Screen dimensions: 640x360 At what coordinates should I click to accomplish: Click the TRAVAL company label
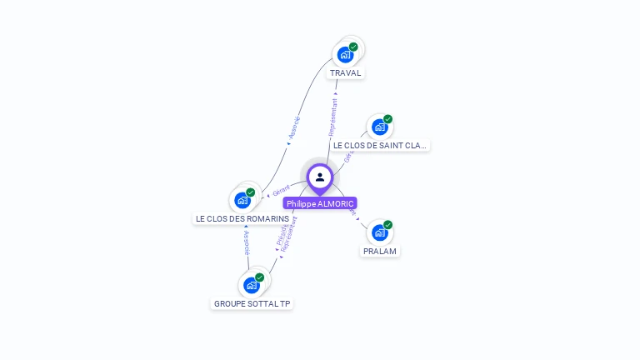coord(346,72)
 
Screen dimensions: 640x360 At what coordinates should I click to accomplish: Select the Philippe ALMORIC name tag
coord(320,203)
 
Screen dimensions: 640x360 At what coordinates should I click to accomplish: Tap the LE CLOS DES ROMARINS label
coord(242,218)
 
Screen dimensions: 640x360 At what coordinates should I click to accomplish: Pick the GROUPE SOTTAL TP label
coord(252,303)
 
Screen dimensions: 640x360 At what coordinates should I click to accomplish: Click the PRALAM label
coord(380,251)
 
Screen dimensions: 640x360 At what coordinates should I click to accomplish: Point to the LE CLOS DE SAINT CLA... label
coord(380,145)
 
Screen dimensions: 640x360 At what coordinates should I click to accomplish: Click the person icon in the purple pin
coord(320,177)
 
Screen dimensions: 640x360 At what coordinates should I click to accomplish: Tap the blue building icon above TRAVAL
coord(345,55)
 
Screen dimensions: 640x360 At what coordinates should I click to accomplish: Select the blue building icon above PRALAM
coord(379,232)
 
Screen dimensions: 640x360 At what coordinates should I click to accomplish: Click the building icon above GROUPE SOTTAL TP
coord(251,285)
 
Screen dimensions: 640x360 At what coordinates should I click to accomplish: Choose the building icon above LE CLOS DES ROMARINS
coord(242,200)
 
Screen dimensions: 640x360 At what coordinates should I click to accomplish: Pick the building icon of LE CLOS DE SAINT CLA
coord(379,127)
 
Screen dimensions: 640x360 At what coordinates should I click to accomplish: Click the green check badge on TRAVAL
coord(353,47)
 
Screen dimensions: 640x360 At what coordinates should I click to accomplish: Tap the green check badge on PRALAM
coord(387,225)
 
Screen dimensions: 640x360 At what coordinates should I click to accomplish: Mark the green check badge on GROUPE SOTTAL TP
coord(259,277)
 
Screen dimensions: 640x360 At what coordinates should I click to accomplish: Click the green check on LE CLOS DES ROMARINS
coord(250,192)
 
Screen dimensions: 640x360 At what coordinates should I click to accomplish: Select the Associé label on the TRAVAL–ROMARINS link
coord(293,127)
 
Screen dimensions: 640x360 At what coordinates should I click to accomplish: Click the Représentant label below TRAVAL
coord(332,117)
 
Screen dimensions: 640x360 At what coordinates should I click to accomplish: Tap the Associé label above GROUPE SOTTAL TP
coord(247,242)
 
